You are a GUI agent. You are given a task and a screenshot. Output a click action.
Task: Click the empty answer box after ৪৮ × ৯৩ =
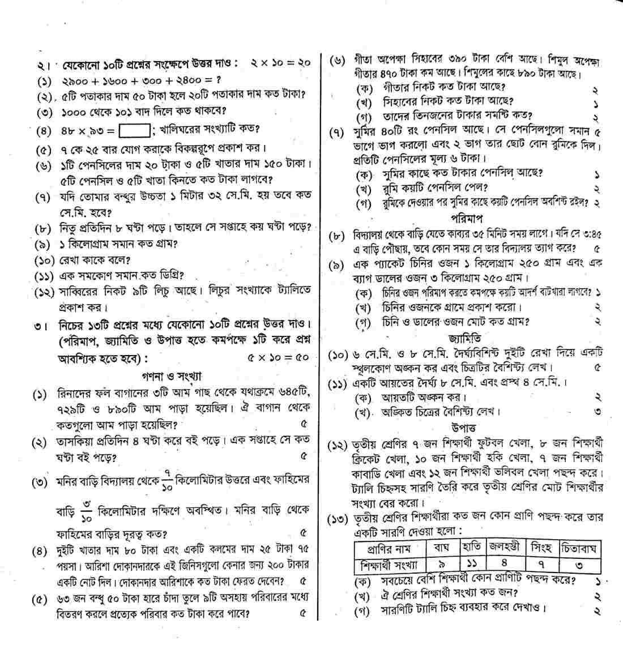point(135,131)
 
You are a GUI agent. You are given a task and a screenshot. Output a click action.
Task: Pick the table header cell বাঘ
point(440,548)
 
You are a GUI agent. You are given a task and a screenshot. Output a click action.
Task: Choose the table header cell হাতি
point(471,548)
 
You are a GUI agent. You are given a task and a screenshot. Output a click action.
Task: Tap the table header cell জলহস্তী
point(505,548)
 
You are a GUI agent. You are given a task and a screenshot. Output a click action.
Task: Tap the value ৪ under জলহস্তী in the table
point(505,564)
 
